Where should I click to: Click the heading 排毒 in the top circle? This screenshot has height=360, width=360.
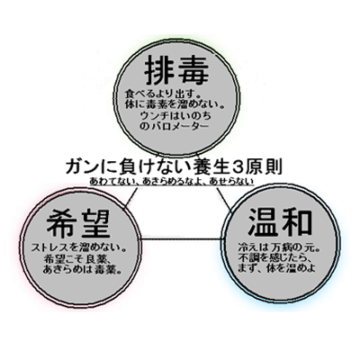pos(176,70)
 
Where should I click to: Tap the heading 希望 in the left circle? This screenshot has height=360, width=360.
pos(78,224)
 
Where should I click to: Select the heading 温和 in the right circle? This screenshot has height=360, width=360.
pos(280,221)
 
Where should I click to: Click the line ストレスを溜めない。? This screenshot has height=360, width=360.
pos(78,248)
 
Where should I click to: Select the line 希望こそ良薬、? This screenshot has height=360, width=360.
pos(78,258)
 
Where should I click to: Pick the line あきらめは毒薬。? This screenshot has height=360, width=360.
pos(82,269)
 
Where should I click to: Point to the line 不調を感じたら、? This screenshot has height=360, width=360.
pos(274,257)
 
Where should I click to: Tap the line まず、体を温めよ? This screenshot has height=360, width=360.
pos(276,268)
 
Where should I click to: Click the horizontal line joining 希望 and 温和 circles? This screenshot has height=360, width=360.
pos(182,239)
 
